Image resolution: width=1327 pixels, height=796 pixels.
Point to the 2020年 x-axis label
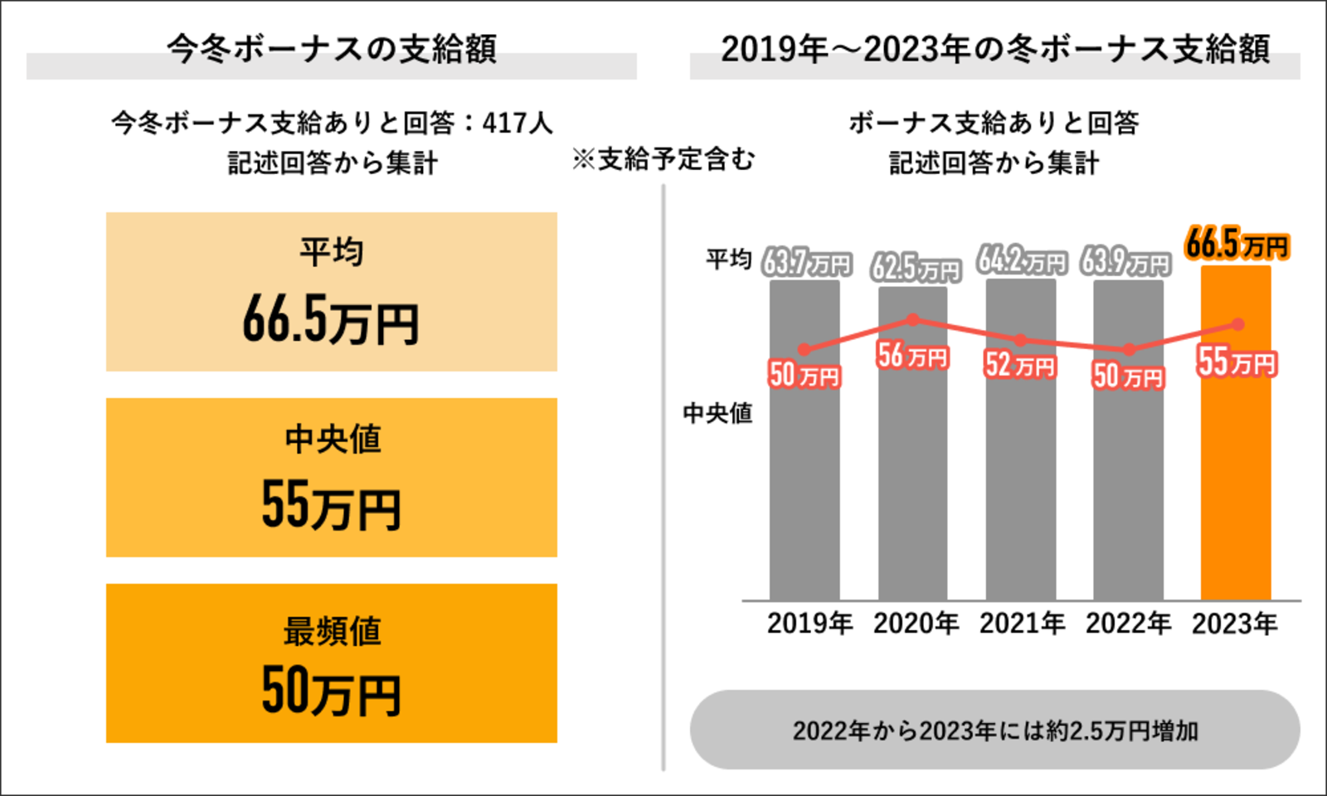[916, 624]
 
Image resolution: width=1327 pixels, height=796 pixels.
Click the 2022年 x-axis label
[1128, 624]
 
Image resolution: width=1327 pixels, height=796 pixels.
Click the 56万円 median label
[912, 356]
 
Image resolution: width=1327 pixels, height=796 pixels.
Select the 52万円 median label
[1020, 365]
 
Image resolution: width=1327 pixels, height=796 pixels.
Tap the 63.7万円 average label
[806, 264]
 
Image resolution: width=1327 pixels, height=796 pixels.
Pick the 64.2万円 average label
[1021, 261]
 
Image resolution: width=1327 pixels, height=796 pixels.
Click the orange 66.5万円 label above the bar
[1237, 245]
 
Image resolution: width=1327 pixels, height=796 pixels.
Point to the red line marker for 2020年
[913, 319]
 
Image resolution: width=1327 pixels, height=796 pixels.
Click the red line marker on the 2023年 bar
[1237, 324]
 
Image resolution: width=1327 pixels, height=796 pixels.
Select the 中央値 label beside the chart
[717, 413]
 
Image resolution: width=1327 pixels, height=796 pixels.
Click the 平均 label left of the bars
[728, 260]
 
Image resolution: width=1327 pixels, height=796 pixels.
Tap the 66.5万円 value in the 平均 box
[331, 322]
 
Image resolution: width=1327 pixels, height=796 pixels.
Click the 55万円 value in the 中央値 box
[331, 506]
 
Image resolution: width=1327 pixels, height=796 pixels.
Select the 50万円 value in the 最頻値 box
[331, 692]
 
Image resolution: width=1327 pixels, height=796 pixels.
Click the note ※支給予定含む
[663, 159]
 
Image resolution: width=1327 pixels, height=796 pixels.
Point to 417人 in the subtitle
[518, 124]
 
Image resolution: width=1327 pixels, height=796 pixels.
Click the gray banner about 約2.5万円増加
[994, 730]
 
